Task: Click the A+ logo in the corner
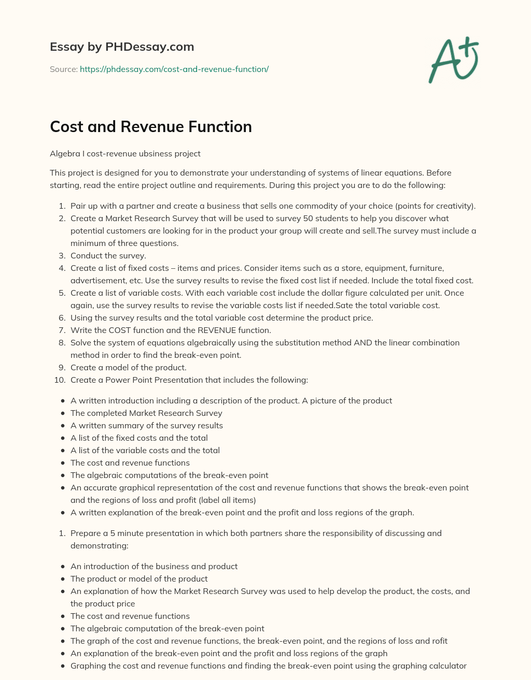pyautogui.click(x=454, y=60)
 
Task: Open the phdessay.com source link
pyautogui.click(x=174, y=69)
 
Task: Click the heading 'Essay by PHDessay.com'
pyautogui.click(x=122, y=47)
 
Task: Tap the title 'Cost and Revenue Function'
pyautogui.click(x=151, y=127)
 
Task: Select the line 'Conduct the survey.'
pyautogui.click(x=108, y=256)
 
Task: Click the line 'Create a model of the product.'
pyautogui.click(x=129, y=368)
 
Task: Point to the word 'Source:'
pyautogui.click(x=64, y=69)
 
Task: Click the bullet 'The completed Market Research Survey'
pyautogui.click(x=146, y=413)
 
